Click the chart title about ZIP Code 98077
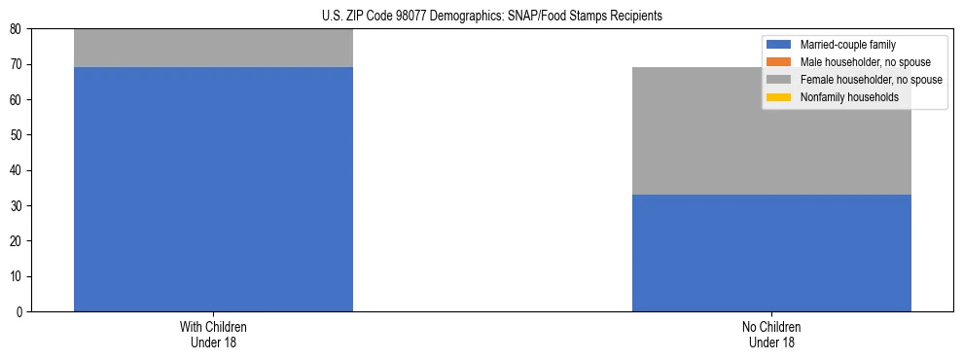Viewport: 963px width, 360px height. click(491, 16)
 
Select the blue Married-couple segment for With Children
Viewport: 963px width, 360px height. click(213, 189)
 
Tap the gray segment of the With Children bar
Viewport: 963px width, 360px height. click(213, 48)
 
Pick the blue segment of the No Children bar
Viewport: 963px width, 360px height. click(771, 253)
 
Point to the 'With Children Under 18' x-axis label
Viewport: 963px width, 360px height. click(213, 334)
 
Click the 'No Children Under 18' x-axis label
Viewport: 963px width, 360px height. click(771, 334)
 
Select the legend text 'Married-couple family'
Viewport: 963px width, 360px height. click(847, 45)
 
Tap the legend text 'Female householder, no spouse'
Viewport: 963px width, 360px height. click(871, 80)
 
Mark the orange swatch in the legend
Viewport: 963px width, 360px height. click(778, 62)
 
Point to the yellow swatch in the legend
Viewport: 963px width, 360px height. click(778, 97)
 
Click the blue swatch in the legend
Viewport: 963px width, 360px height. click(778, 45)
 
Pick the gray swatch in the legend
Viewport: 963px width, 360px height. click(778, 80)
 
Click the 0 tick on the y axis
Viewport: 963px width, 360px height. click(19, 312)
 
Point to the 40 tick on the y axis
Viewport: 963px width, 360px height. click(17, 171)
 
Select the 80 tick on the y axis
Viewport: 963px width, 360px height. click(17, 29)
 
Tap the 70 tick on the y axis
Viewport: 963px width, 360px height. click(17, 65)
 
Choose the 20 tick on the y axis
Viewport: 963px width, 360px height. click(17, 241)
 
